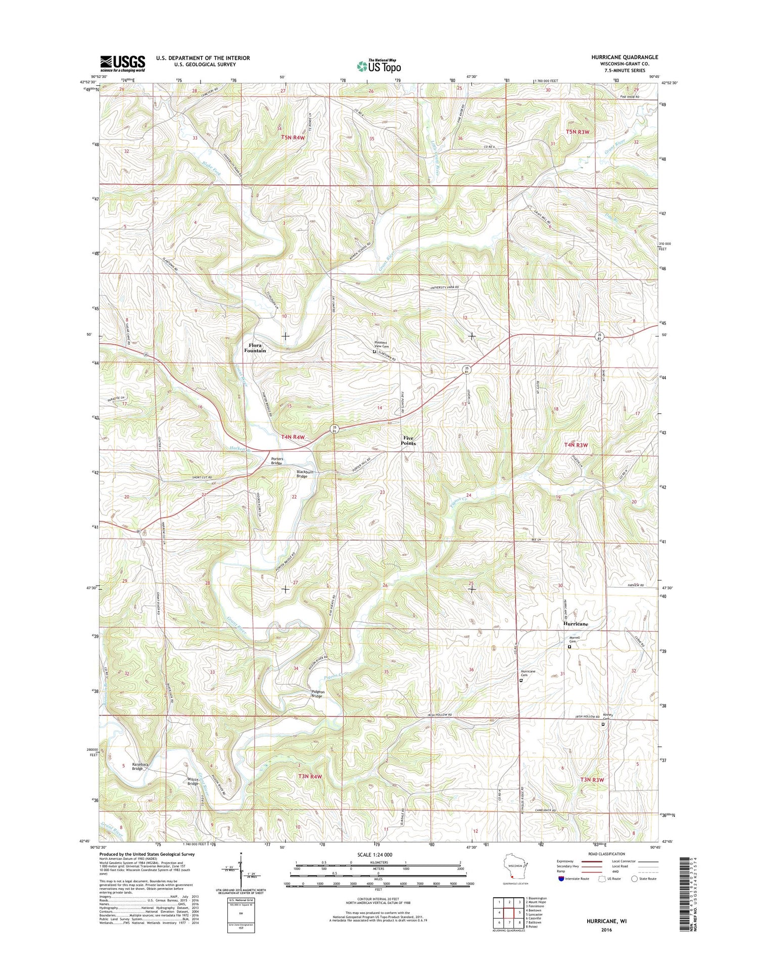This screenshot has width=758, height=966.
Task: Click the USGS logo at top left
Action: (x=122, y=64)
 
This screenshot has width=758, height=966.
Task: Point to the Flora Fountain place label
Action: (x=255, y=348)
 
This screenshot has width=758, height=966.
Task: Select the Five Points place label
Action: (x=408, y=441)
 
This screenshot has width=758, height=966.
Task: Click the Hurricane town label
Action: (x=576, y=624)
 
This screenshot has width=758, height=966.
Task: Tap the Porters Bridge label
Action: (x=277, y=461)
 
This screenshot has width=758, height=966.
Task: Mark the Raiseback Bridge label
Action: (x=140, y=766)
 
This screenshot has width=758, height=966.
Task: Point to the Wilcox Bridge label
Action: (x=193, y=781)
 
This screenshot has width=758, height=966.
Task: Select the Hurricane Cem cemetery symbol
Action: (x=521, y=681)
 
